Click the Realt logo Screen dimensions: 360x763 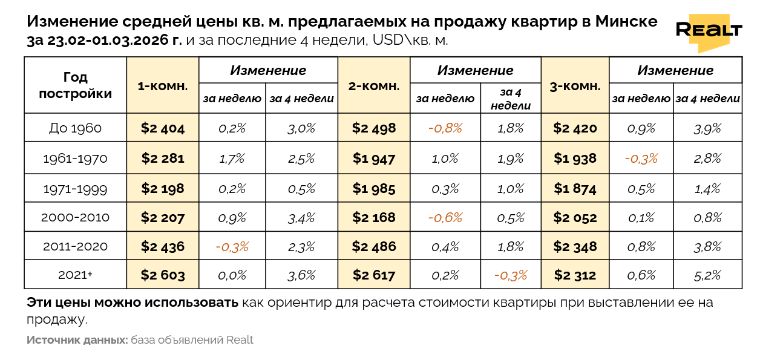tap(709, 30)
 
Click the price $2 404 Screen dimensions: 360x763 tap(162, 128)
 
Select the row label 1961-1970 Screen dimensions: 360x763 tap(75, 159)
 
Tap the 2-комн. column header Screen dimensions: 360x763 tap(374, 86)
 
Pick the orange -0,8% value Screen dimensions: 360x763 tap(445, 128)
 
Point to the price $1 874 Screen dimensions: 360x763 tap(575, 188)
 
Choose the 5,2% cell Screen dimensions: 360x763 tap(707, 275)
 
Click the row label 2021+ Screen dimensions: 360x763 tap(75, 275)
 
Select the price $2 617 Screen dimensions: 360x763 tap(374, 275)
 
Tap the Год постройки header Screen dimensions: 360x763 tap(75, 85)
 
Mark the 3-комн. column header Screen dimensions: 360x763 tap(575, 86)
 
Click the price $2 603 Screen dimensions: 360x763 tap(162, 275)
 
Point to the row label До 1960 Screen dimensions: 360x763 tap(75, 128)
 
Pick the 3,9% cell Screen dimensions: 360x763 tap(707, 128)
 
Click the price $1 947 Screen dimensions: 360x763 tap(374, 159)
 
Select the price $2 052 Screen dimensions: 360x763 tap(575, 218)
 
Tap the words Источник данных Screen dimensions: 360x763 tap(77, 340)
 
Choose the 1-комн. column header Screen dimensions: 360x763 tap(162, 86)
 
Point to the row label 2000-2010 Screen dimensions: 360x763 tap(75, 218)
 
